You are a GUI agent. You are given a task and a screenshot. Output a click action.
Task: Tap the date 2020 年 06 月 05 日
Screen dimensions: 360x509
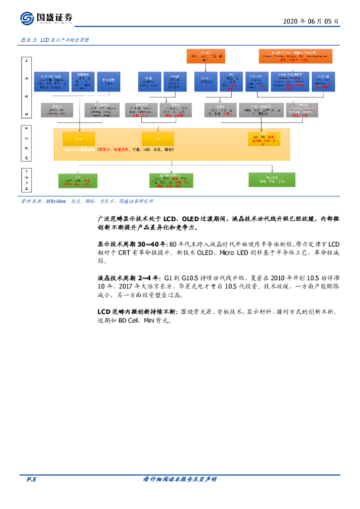coord(311,21)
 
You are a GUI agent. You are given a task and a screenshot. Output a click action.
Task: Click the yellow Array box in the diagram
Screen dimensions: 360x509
coord(78,138)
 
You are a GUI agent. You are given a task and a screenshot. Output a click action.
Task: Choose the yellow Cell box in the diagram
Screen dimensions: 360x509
coord(158,138)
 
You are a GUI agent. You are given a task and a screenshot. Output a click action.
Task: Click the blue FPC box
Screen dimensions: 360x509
coord(230,82)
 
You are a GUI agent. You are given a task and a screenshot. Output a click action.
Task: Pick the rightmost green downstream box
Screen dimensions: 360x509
coord(271,179)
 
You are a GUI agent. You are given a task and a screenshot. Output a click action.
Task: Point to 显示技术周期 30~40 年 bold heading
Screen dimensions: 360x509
coord(132,245)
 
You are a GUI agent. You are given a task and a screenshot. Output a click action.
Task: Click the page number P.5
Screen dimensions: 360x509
coord(31,479)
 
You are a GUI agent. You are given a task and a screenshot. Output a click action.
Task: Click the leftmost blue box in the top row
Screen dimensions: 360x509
coord(51,82)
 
